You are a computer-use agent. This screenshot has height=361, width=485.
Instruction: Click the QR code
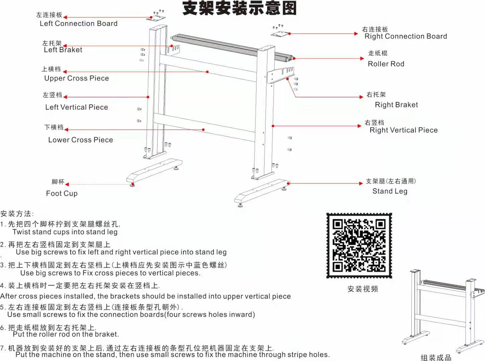(359, 246)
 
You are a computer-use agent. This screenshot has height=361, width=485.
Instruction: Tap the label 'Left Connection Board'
(79, 23)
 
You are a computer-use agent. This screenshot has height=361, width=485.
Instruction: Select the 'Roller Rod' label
(386, 64)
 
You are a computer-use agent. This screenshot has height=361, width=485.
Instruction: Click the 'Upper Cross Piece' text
(77, 78)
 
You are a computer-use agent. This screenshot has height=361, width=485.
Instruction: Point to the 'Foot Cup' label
(62, 194)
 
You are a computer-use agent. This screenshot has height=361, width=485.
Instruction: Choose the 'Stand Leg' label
(390, 191)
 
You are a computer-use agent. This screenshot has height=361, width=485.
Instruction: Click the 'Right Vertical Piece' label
(404, 130)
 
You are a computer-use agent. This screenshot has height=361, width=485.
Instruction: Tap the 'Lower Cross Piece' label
(81, 140)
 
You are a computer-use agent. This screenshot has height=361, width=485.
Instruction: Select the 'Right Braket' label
(397, 105)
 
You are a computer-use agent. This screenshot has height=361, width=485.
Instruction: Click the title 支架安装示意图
(240, 8)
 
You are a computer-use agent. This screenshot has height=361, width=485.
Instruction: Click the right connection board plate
(280, 34)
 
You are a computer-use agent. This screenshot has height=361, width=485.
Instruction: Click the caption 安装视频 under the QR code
(363, 289)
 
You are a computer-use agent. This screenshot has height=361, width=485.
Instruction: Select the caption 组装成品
(436, 357)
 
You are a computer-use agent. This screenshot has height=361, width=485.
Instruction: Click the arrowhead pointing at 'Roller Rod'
(362, 58)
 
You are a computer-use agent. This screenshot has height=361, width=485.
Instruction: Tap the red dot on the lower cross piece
(203, 130)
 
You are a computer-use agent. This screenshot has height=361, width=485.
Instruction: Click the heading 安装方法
(17, 214)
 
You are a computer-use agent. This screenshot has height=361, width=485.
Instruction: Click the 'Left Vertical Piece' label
(77, 107)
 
